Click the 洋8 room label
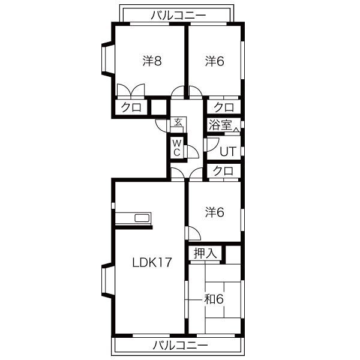pos(152,61)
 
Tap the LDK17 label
pos(152,262)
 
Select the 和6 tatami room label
pos(214,299)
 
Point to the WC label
pos(176,148)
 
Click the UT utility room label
pos(228,151)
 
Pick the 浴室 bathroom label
pos(220,125)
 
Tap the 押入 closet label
pos(205,253)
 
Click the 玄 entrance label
pos(178,122)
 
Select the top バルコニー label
pos(178,16)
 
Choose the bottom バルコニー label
pos(180,345)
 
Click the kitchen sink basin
pos(142,218)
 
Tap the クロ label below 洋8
pos(131,107)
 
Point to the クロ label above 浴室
pos(224,107)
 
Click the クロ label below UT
pos(223,171)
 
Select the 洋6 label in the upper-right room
pos(215,61)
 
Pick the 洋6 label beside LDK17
pos(215,212)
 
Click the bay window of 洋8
pos(107,59)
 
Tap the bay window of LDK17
pos(107,281)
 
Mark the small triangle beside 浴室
pos(236,130)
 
